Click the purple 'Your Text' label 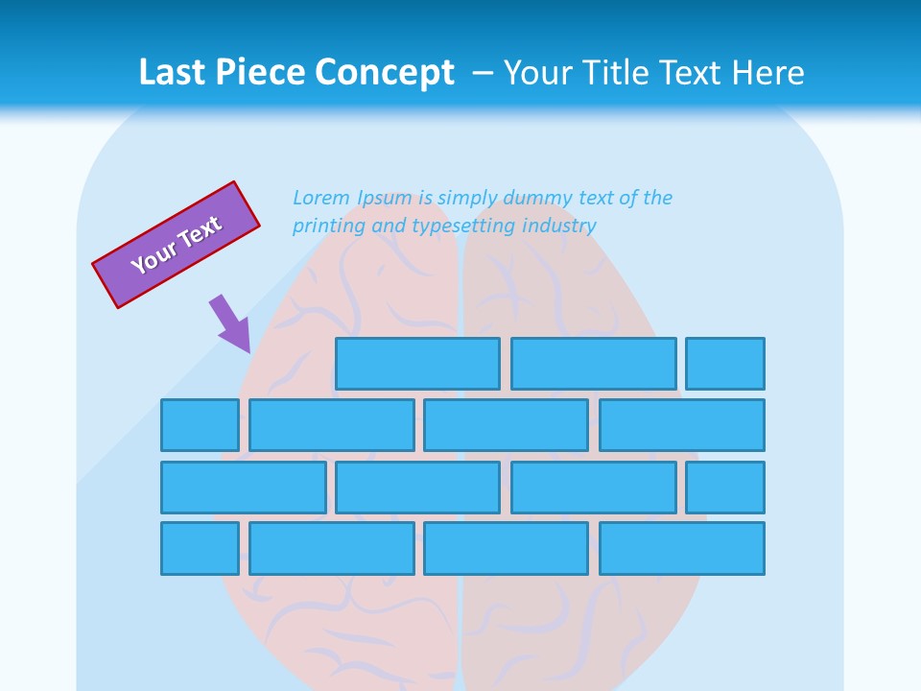point(176,245)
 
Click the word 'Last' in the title point(173,73)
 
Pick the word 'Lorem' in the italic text point(321,198)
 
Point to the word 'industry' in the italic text point(559,226)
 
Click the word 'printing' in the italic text point(324,226)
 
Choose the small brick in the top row point(725,364)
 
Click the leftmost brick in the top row point(417,364)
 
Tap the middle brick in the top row point(593,364)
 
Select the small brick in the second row point(200,425)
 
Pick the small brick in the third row point(725,488)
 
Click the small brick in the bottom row point(200,548)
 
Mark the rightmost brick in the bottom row point(682,548)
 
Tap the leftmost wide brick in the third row point(243,488)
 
